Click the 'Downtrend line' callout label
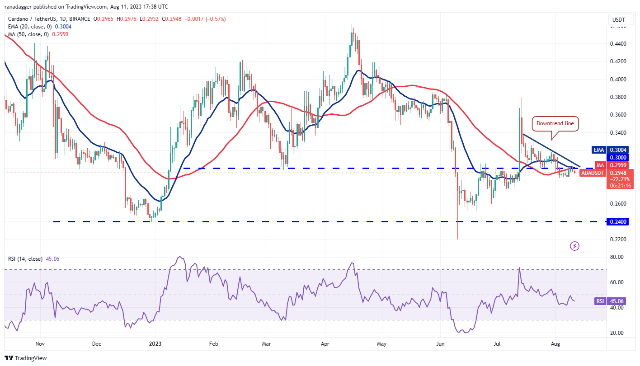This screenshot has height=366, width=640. point(555,123)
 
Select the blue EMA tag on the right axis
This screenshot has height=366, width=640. point(598,150)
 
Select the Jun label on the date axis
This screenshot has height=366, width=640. point(440,344)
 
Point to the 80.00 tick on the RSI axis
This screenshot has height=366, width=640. point(617,257)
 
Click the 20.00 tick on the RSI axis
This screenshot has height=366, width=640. point(617,333)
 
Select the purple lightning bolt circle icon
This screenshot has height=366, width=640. point(574,246)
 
